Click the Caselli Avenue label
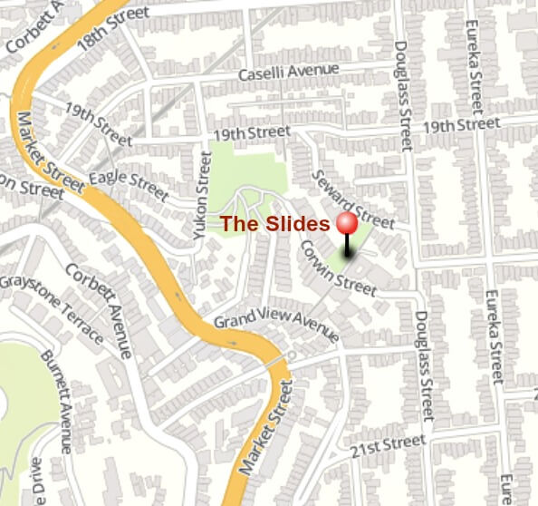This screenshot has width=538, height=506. pos(288,71)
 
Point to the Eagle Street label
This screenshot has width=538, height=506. pos(129,185)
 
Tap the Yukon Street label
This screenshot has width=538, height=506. pos(202,194)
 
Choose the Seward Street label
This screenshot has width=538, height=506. pos(352,199)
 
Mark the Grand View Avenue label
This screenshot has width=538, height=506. pos(275,326)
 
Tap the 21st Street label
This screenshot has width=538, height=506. pos(388,445)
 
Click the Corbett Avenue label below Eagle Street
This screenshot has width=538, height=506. pos(110,308)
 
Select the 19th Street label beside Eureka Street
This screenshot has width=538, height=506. pos(461,124)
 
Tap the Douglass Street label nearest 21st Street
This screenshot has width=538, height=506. pos(423,365)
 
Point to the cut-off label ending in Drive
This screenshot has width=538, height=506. pos(38,480)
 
